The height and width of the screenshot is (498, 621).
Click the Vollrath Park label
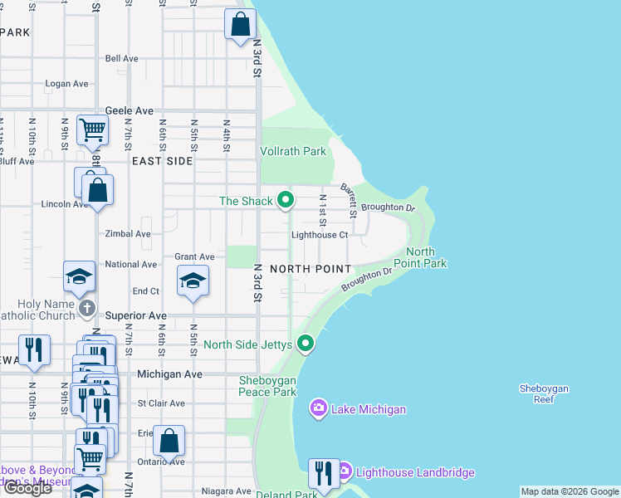[x=293, y=151]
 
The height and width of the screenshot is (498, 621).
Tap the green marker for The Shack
[x=286, y=200]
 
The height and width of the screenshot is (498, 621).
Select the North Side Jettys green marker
[x=306, y=343]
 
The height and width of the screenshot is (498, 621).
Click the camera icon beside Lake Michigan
[x=318, y=408]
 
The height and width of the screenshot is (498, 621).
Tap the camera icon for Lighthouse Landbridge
[x=344, y=472]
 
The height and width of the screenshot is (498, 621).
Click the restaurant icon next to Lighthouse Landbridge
[x=321, y=472]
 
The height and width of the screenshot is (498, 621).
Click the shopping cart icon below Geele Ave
[x=92, y=129]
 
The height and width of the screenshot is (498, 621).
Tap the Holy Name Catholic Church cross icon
[x=87, y=309]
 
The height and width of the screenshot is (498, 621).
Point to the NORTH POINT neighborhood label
[x=310, y=269]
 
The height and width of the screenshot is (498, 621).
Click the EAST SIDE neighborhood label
[x=161, y=161]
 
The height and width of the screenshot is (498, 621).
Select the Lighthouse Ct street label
[x=319, y=235]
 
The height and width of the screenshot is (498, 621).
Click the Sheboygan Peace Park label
[x=267, y=386]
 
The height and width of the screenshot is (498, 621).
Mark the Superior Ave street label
[x=136, y=316]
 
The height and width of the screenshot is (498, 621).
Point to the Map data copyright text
[x=569, y=491]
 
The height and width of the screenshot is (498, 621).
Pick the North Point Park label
[x=426, y=257]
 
